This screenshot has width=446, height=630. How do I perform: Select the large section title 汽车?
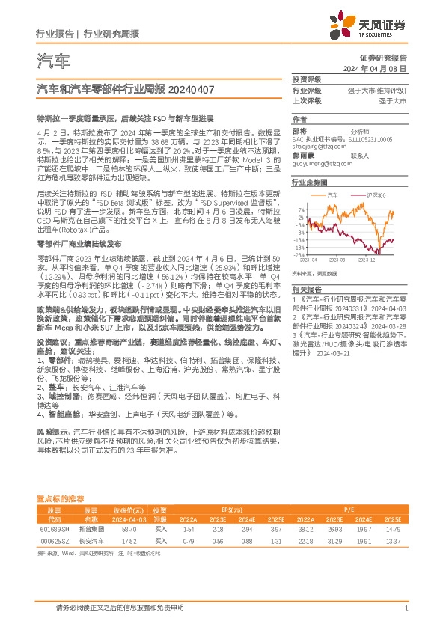coord(53,61)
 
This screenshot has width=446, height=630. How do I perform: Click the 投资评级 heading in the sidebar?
coord(306,79)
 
